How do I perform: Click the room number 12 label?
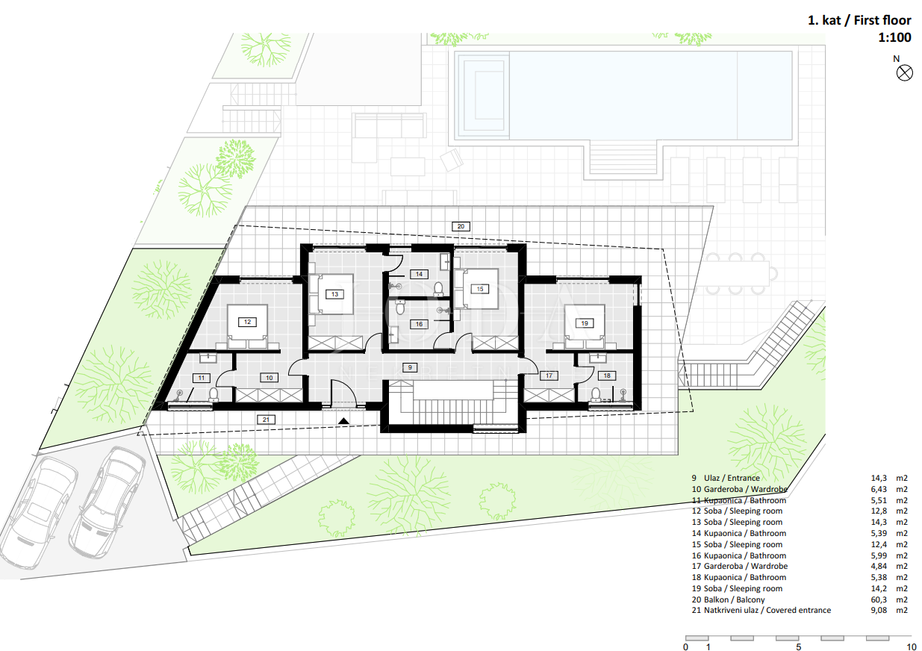pyautogui.click(x=247, y=322)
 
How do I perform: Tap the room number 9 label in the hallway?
pyautogui.click(x=410, y=367)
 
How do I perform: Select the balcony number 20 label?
pyautogui.click(x=461, y=226)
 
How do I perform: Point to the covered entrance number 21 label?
pyautogui.click(x=266, y=420)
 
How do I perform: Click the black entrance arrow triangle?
pyautogui.click(x=343, y=421)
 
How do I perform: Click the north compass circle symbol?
pyautogui.click(x=904, y=73)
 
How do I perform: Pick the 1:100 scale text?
pyautogui.click(x=894, y=37)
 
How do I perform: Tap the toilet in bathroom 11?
pyautogui.click(x=214, y=394)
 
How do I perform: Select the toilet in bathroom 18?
pyautogui.click(x=596, y=395)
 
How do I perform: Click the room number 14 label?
pyautogui.click(x=419, y=274)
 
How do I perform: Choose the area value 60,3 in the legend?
pyautogui.click(x=879, y=599)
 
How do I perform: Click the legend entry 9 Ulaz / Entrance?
pyautogui.click(x=726, y=478)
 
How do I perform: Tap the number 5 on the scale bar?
pyautogui.click(x=799, y=647)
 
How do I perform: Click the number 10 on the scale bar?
pyautogui.click(x=912, y=647)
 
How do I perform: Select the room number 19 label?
pyautogui.click(x=585, y=323)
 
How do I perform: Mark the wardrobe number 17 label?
pyautogui.click(x=549, y=376)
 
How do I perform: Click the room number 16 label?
pyautogui.click(x=419, y=324)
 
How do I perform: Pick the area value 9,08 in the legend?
pyautogui.click(x=879, y=610)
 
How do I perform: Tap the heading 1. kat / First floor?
pyautogui.click(x=859, y=20)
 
